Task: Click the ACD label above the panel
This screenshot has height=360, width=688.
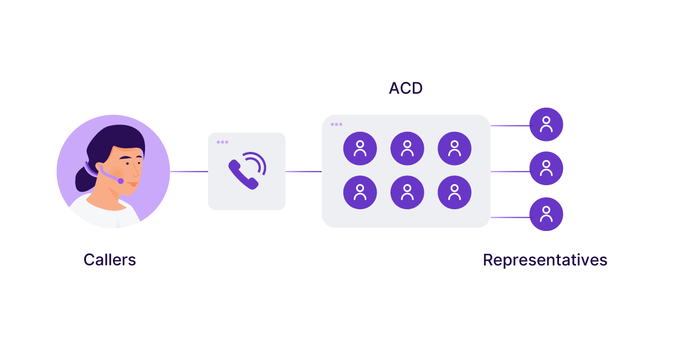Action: tap(406, 88)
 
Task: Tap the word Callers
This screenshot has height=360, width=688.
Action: tap(110, 260)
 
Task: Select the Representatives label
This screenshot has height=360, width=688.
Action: tap(545, 260)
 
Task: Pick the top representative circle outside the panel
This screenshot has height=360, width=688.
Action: tap(546, 124)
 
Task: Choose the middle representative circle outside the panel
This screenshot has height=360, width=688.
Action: tap(546, 169)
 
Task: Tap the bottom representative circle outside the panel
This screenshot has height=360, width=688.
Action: tap(546, 214)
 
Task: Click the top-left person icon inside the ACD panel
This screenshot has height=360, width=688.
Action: tap(360, 148)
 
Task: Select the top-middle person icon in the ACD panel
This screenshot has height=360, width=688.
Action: tap(407, 148)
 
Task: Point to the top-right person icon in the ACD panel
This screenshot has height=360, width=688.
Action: tap(455, 148)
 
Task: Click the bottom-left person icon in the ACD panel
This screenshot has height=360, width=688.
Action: tap(360, 192)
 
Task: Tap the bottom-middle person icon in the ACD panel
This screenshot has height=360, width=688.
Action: tap(407, 192)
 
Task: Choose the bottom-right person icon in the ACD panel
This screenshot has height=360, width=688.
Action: tap(455, 192)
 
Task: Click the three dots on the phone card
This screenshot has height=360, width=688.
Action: tap(222, 142)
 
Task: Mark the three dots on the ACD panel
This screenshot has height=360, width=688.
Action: tap(336, 124)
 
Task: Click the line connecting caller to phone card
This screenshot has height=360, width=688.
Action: tap(189, 171)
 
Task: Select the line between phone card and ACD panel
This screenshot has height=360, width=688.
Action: tap(303, 171)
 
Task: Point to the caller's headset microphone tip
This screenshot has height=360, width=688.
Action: tap(120, 181)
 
